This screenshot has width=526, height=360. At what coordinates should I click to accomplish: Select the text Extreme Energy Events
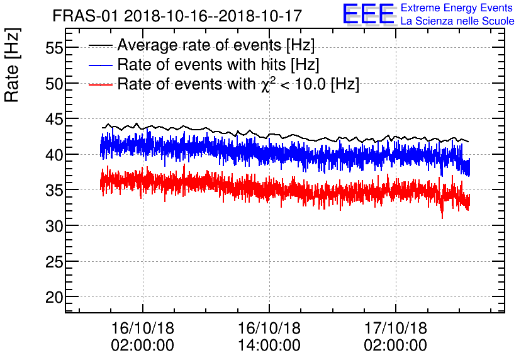(457, 8)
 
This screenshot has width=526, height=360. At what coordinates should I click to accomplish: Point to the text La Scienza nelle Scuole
(457, 21)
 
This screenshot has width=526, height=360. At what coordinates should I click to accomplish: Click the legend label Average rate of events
(216, 46)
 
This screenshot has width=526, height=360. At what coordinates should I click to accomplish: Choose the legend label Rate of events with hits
(218, 65)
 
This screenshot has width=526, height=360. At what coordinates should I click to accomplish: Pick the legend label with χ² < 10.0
(238, 84)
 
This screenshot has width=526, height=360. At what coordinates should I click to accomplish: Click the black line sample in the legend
(101, 46)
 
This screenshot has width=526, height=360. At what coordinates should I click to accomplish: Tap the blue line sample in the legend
(101, 65)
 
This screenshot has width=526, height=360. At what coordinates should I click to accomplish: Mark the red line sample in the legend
(101, 84)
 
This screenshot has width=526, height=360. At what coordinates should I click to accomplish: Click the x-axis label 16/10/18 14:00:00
(269, 337)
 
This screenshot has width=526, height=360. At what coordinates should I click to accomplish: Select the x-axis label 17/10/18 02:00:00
(396, 337)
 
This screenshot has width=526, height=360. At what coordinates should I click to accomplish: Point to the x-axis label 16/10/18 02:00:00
(143, 337)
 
